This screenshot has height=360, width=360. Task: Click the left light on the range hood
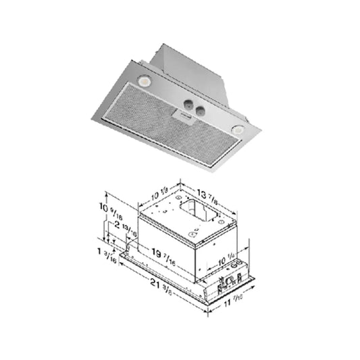(145, 81)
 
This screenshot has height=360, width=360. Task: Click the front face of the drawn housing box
(165, 243)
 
